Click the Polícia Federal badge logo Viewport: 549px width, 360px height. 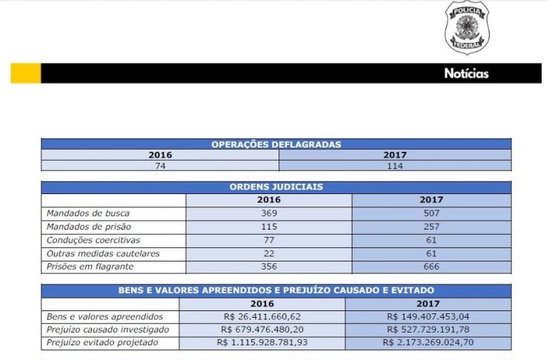(x=467, y=28)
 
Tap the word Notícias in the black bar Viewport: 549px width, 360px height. (x=466, y=73)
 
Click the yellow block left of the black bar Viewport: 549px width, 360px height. (x=25, y=73)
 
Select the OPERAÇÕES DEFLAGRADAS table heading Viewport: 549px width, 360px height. (x=276, y=144)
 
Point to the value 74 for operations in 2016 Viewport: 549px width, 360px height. (x=160, y=166)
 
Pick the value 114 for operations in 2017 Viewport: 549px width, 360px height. (x=395, y=166)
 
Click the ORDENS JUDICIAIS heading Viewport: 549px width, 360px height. (x=276, y=187)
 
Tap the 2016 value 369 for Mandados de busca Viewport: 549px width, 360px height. (x=269, y=213)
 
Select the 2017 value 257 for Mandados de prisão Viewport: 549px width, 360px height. (x=431, y=227)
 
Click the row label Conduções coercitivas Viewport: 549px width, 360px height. (x=93, y=240)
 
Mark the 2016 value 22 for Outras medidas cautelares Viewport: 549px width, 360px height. (x=269, y=253)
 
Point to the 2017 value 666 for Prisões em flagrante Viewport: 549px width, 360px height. (x=431, y=267)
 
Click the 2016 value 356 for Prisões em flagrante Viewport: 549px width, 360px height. (x=269, y=267)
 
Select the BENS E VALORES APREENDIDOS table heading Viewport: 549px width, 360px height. (x=276, y=290)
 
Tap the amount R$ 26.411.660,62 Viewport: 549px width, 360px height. (x=262, y=316)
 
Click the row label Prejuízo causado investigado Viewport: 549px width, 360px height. (x=107, y=330)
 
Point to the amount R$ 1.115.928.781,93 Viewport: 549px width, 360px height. (x=262, y=343)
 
